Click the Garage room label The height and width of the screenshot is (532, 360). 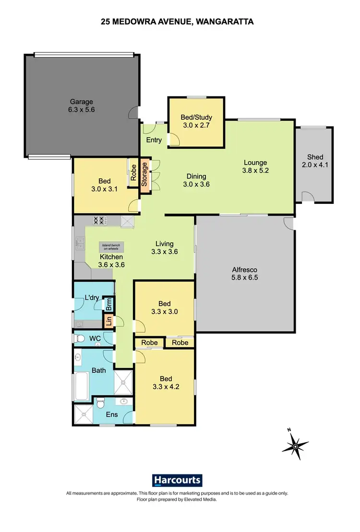tap(82, 102)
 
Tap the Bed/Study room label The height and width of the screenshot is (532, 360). tap(196, 117)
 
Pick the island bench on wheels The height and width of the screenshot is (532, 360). tap(111, 248)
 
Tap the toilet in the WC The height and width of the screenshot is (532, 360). tap(80, 339)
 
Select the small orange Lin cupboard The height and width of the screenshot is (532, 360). tap(109, 321)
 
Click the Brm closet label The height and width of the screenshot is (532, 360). tap(109, 304)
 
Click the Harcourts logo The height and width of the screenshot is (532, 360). tap(177, 481)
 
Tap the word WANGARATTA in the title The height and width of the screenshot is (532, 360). tap(227, 22)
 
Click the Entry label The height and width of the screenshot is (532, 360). tap(154, 140)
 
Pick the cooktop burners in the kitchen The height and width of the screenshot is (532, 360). tap(99, 221)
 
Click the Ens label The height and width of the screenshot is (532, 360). tap(111, 415)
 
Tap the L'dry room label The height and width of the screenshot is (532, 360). tap(92, 298)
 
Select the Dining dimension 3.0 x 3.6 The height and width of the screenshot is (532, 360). tap(196, 184)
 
